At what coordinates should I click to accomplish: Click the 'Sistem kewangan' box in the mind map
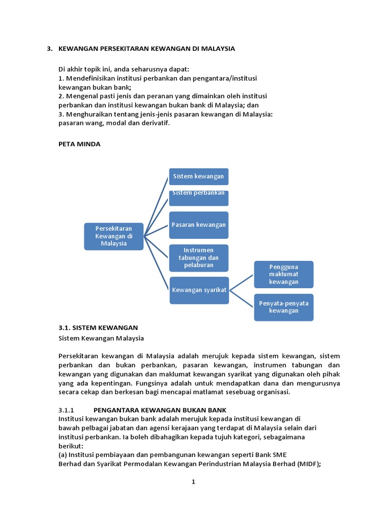[199, 177]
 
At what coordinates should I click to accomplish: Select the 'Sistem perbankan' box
[199, 198]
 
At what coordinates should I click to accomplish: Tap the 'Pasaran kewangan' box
[199, 225]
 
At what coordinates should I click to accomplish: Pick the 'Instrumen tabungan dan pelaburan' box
[199, 257]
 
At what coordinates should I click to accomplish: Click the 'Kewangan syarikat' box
[199, 290]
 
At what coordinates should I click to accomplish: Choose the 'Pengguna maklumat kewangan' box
[284, 274]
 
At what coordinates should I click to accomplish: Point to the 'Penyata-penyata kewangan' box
[284, 307]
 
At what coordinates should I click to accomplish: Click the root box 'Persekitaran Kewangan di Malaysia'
[113, 236]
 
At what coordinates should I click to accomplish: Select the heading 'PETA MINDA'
[80, 144]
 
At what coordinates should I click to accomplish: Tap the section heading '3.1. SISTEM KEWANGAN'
[98, 328]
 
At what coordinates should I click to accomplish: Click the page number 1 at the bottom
[193, 482]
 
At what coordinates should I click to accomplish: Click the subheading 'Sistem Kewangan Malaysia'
[101, 338]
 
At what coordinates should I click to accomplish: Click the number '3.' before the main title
[49, 49]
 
